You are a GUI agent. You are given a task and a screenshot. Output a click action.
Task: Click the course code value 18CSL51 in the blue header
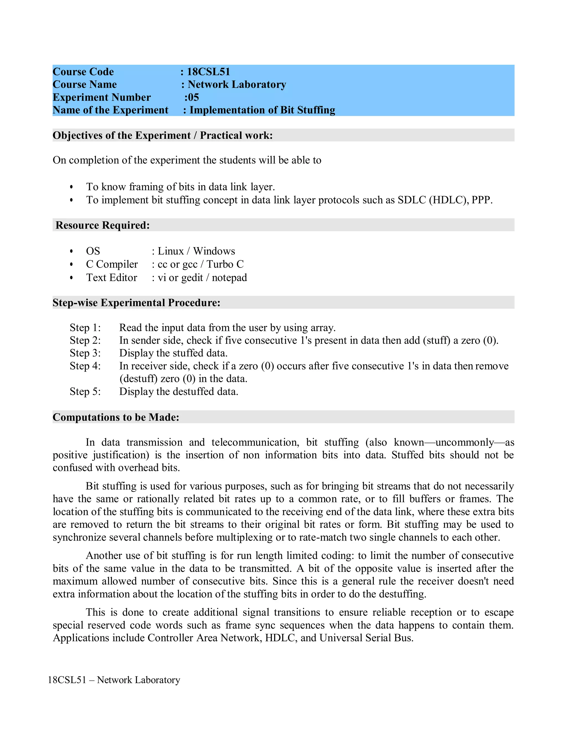click(208, 71)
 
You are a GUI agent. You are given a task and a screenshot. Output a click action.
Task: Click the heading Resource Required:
click(102, 225)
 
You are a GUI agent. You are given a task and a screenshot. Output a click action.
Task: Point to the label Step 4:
click(85, 366)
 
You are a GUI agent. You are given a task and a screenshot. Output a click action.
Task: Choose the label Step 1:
click(85, 327)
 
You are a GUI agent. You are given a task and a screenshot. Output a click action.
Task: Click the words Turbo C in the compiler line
click(225, 264)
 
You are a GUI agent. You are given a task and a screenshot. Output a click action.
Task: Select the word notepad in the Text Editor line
click(230, 278)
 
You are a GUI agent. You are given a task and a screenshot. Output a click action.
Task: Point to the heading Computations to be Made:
click(116, 417)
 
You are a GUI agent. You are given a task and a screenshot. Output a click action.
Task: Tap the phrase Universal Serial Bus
click(366, 638)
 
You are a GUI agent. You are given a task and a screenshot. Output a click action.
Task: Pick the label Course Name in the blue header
click(85, 84)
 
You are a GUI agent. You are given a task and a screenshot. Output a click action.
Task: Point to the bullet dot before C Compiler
click(71, 265)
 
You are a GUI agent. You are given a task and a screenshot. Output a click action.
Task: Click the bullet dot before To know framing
click(71, 187)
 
